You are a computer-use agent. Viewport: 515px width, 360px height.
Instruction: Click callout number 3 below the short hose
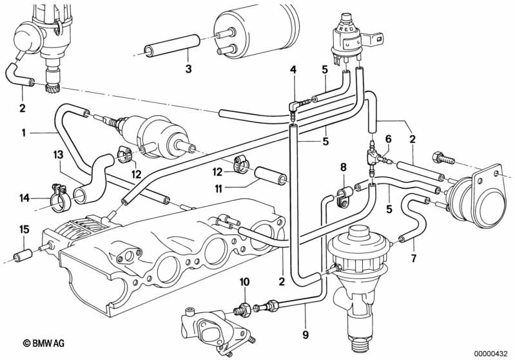pyautogui.click(x=188, y=70)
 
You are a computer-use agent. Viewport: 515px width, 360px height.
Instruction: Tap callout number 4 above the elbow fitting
pyautogui.click(x=293, y=70)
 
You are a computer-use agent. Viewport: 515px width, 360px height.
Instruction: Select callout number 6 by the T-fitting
pyautogui.click(x=389, y=139)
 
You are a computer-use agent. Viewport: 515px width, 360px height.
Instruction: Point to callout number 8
pyautogui.click(x=343, y=167)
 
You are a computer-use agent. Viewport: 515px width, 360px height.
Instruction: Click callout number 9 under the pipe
pyautogui.click(x=306, y=335)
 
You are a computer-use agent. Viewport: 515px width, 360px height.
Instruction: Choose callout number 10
pyautogui.click(x=245, y=282)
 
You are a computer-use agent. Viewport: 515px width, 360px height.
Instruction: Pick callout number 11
pyautogui.click(x=219, y=189)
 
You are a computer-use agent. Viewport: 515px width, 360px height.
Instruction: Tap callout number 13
pyautogui.click(x=58, y=155)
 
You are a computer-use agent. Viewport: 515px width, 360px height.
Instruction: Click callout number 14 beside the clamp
pyautogui.click(x=24, y=198)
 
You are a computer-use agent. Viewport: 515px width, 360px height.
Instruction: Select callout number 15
pyautogui.click(x=24, y=229)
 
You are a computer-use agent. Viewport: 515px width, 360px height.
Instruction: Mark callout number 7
pyautogui.click(x=414, y=258)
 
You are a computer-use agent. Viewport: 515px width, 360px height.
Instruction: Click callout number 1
pyautogui.click(x=23, y=133)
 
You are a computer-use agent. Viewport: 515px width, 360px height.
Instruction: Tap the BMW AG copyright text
pyautogui.click(x=44, y=343)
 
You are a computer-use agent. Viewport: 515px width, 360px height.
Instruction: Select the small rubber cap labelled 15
pyautogui.click(x=23, y=254)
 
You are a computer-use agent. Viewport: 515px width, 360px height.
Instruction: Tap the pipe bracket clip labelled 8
pyautogui.click(x=344, y=196)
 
